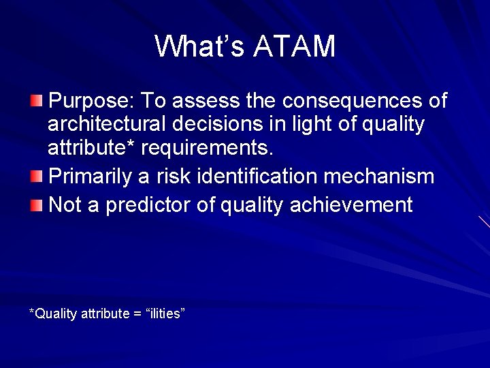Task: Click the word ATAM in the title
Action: click(294, 47)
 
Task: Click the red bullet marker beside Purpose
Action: click(35, 102)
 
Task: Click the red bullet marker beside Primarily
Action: click(35, 178)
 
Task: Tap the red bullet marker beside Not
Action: click(35, 205)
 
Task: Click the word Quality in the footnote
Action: click(55, 313)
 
